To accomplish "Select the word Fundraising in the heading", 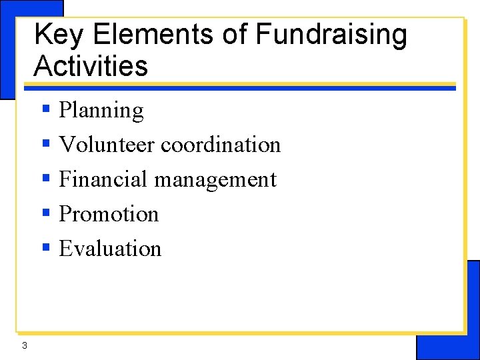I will (x=331, y=35).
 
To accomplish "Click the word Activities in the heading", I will (x=91, y=66).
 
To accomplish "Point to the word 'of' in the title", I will (x=235, y=35).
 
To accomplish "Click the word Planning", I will (x=101, y=111).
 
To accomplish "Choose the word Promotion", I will (x=109, y=214).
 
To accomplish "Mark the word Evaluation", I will (x=110, y=249).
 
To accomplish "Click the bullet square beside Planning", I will (x=46, y=109).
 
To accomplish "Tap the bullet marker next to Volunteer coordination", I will (x=46, y=144).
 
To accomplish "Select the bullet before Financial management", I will (x=46, y=179).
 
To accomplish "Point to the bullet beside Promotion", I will (x=46, y=213).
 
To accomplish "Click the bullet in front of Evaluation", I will (x=46, y=248).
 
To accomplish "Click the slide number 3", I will (x=25, y=345).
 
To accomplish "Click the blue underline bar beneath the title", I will (x=240, y=88).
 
